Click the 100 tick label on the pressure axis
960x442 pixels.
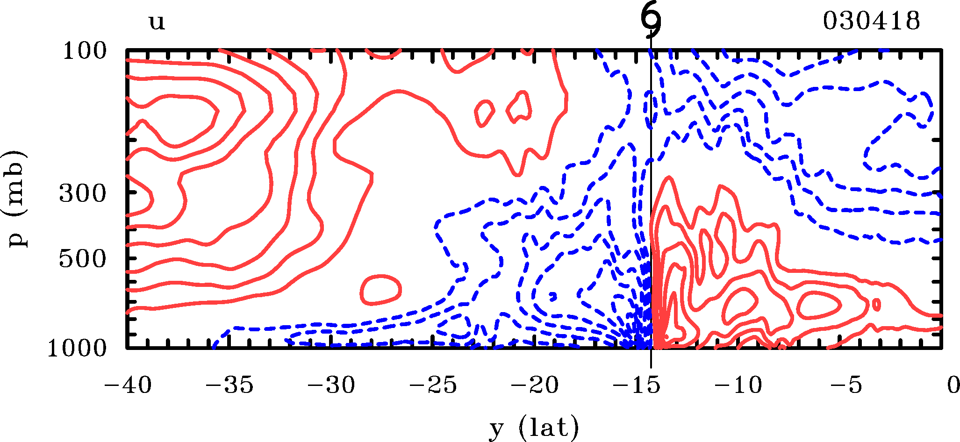click(85, 51)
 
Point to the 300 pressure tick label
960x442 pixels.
click(83, 193)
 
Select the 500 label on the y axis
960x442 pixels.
click(83, 259)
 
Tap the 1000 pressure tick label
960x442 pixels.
click(77, 348)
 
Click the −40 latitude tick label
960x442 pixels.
click(128, 386)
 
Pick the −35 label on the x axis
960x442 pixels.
click(230, 386)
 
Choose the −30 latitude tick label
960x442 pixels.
click(331, 386)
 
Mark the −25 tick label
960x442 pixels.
click(433, 386)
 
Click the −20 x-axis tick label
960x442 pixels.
click(535, 386)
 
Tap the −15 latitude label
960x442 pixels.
click(637, 386)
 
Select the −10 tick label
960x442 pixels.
click(738, 386)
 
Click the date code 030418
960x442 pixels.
click(871, 21)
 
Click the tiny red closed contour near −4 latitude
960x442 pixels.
click(876, 305)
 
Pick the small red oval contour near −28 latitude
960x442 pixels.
click(381, 290)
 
